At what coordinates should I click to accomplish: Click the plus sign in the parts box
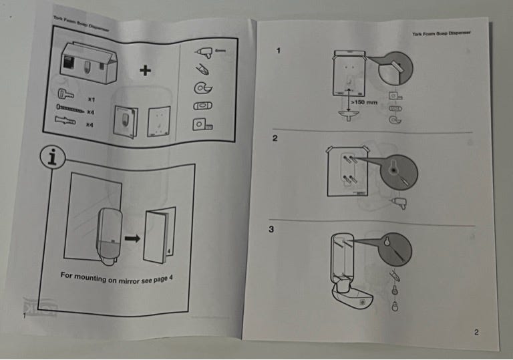click(144, 69)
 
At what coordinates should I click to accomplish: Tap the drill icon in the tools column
click(206, 50)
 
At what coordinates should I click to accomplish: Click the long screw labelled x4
click(68, 107)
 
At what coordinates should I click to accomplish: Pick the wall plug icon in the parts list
click(68, 121)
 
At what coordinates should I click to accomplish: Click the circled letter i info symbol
click(52, 158)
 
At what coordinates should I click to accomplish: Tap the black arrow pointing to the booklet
click(134, 237)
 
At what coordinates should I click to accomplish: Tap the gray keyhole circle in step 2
click(398, 172)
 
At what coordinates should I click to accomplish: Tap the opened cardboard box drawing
click(89, 61)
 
